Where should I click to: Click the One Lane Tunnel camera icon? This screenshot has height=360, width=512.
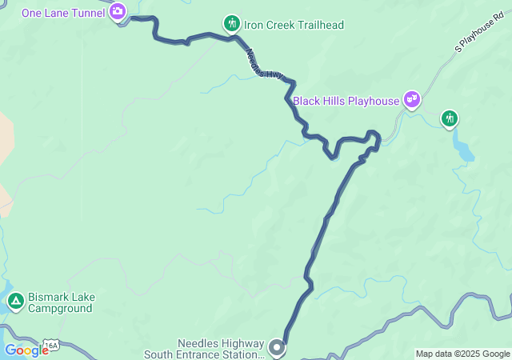coord(118,11)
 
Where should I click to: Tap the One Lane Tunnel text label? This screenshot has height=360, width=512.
coord(64,12)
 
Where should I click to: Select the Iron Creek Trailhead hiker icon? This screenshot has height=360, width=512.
coord(232,23)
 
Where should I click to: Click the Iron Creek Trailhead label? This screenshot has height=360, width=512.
coord(294,25)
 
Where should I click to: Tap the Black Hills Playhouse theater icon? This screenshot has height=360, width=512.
coord(412,99)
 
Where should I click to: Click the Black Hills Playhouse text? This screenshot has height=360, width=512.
coord(346,101)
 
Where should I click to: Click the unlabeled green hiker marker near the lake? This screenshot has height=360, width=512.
coord(450,119)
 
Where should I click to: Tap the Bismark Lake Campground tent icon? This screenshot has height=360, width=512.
coord(15,302)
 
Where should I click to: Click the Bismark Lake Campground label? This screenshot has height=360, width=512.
coord(62,302)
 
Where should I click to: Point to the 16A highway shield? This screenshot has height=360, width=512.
coord(52,346)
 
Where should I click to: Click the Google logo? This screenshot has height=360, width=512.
coord(26,350)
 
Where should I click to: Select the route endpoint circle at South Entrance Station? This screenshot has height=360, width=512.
coord(277,347)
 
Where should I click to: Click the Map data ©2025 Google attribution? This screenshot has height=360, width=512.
coord(462,354)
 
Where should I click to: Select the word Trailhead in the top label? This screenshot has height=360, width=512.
coord(318,25)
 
